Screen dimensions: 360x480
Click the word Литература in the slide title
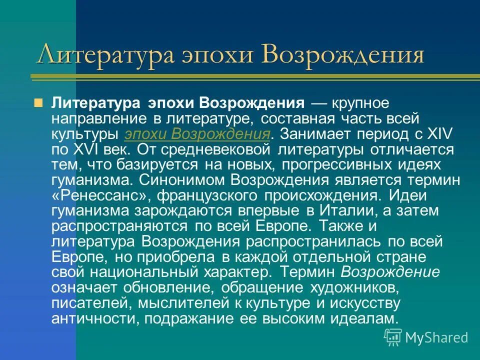click(x=105, y=55)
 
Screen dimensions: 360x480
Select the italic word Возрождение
click(x=390, y=272)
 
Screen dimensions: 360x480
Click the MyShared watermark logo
click(x=426, y=337)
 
